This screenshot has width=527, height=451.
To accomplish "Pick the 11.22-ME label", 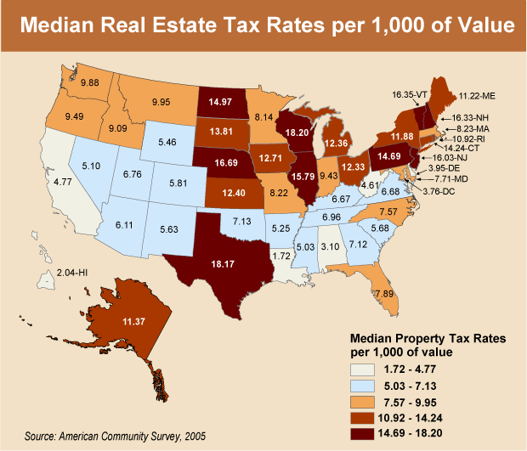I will (478, 98).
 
